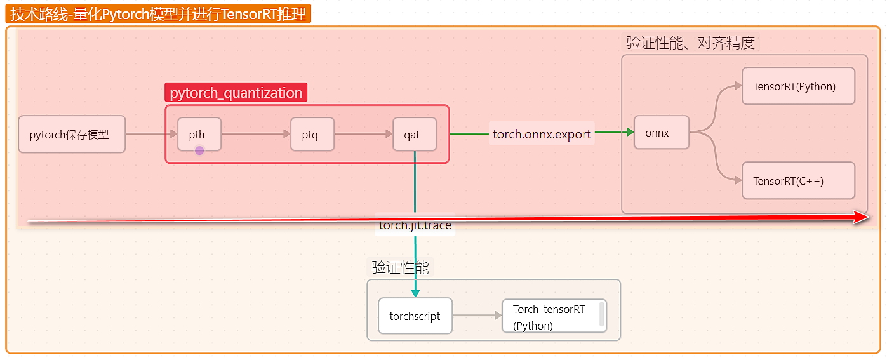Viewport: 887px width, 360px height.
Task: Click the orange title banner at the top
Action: pos(158,13)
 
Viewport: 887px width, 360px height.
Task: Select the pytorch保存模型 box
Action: pos(72,134)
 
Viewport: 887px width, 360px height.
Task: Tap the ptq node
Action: pos(312,134)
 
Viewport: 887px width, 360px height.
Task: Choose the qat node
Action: pos(415,134)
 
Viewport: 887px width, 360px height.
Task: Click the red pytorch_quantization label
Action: pos(236,93)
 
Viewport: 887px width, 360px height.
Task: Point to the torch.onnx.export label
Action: pos(542,134)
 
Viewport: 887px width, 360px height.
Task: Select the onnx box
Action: pos(662,133)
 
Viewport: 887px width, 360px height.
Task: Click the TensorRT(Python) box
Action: pos(798,86)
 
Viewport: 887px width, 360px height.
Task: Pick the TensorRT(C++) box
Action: pos(798,181)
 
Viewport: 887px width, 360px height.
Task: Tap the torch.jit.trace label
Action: pos(415,225)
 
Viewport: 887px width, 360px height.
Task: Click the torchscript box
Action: pos(415,316)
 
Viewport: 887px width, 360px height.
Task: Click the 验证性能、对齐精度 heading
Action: pos(690,43)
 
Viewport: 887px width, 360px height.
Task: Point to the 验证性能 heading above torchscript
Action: pos(401,267)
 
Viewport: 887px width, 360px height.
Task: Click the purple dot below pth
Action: pos(199,150)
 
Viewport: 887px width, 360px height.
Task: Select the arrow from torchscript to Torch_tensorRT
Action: pos(477,316)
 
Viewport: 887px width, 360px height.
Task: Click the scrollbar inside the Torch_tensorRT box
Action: pos(601,314)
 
